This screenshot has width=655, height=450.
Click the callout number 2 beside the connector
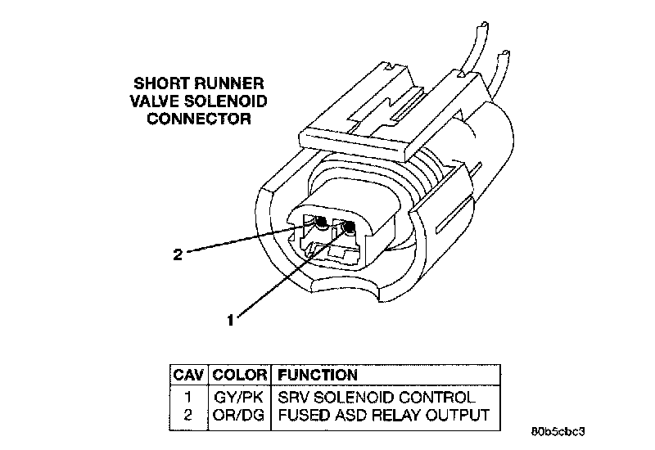177,254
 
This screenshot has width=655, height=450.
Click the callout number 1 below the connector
231,321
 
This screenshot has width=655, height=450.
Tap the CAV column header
189,376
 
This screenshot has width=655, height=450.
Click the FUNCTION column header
318,376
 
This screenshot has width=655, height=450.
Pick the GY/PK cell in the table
239,398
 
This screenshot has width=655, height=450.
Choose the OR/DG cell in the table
239,415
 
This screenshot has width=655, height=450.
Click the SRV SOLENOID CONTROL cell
377,398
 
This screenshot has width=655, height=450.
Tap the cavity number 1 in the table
189,398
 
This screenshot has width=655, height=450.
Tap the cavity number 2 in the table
189,415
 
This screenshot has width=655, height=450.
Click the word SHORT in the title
159,83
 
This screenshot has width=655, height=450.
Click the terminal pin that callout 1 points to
350,226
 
